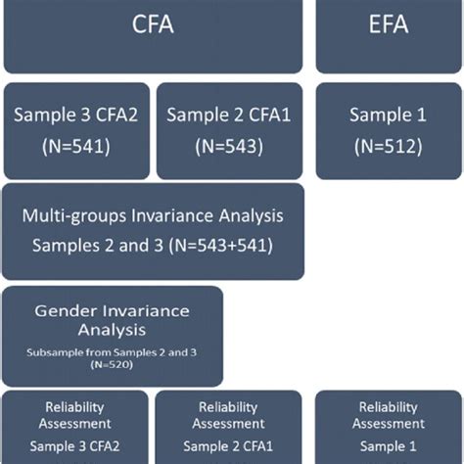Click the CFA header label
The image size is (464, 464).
(x=155, y=24)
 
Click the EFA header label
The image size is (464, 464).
(x=388, y=24)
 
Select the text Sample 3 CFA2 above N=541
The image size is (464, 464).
(x=76, y=116)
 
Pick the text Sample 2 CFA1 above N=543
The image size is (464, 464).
(x=227, y=116)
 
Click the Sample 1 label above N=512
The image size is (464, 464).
(x=388, y=116)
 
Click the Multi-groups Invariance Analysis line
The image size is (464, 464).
(x=153, y=215)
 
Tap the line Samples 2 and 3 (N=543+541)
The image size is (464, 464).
(x=153, y=245)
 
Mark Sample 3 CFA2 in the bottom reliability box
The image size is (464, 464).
(x=74, y=445)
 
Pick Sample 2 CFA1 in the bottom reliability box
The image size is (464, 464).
(x=227, y=445)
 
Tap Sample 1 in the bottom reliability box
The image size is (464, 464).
(x=388, y=445)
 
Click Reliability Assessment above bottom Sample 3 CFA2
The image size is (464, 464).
(x=74, y=415)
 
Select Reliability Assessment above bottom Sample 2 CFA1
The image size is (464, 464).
(x=227, y=415)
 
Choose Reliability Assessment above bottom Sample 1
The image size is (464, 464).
(x=388, y=415)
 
